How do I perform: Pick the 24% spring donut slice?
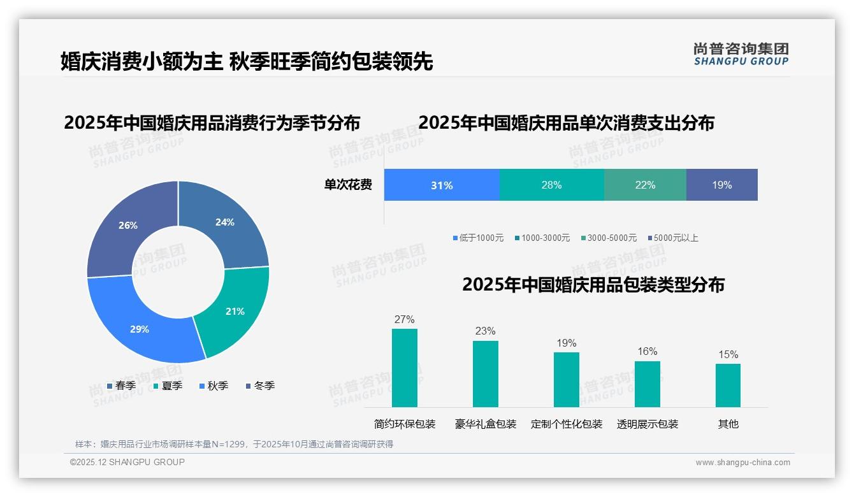pyautogui.click(x=226, y=223)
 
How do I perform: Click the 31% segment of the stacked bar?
pyautogui.click(x=442, y=185)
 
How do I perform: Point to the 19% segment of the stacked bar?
pyautogui.click(x=722, y=185)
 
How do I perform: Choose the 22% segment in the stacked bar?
pyautogui.click(x=645, y=185)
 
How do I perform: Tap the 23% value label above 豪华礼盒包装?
pyautogui.click(x=485, y=331)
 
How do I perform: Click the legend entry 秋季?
pyautogui.click(x=214, y=386)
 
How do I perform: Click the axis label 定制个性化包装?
pyautogui.click(x=567, y=424)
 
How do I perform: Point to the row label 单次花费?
pyautogui.click(x=348, y=185)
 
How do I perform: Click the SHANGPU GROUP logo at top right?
pyautogui.click(x=741, y=54)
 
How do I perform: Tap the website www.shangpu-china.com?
pyautogui.click(x=742, y=463)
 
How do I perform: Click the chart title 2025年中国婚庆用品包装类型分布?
pyautogui.click(x=593, y=285)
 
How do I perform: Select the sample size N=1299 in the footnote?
pyautogui.click(x=229, y=445)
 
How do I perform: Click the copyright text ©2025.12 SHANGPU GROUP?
pyautogui.click(x=127, y=463)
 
